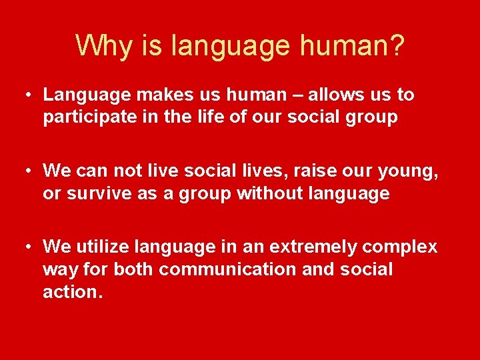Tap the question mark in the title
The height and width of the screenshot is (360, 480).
(396, 45)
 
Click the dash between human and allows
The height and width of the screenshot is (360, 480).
(282, 95)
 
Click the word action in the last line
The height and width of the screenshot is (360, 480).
(71, 292)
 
